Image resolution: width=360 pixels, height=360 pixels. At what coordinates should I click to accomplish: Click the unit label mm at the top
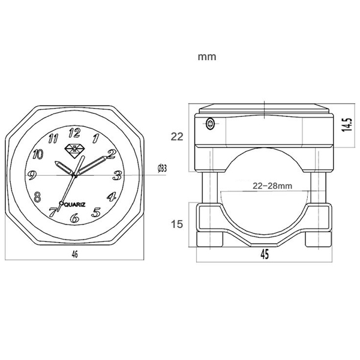coord(206,58)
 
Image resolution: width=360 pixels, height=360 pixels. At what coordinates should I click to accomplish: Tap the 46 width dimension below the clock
coord(74,254)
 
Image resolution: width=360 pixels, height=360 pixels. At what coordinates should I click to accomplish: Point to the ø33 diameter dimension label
coord(161,169)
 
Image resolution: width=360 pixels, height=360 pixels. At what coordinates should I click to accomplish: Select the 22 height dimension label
coord(176,137)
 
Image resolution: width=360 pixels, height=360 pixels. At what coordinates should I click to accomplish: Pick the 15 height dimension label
coord(176,224)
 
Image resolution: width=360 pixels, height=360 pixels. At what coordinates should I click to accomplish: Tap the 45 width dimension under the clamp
coord(265,254)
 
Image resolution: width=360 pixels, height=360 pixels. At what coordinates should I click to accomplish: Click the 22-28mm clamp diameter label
coord(272,186)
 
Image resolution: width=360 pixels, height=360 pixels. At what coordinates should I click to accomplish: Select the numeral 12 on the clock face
coord(74,133)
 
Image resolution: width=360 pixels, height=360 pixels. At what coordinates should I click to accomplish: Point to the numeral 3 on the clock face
coord(118,175)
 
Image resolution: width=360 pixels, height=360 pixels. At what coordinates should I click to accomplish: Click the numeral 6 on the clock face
coord(74,218)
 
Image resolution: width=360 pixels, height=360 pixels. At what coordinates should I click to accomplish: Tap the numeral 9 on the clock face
coord(32,176)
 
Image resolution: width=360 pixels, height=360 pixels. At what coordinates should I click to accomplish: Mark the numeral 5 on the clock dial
coord(97,211)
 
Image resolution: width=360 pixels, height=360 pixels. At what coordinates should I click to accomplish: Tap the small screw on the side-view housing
coord(210,125)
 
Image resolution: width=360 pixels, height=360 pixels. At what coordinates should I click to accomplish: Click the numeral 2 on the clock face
coord(111,154)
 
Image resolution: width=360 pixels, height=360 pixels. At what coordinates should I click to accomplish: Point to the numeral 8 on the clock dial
coord(38,196)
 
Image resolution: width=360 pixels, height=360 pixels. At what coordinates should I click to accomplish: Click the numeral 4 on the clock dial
coord(111,196)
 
